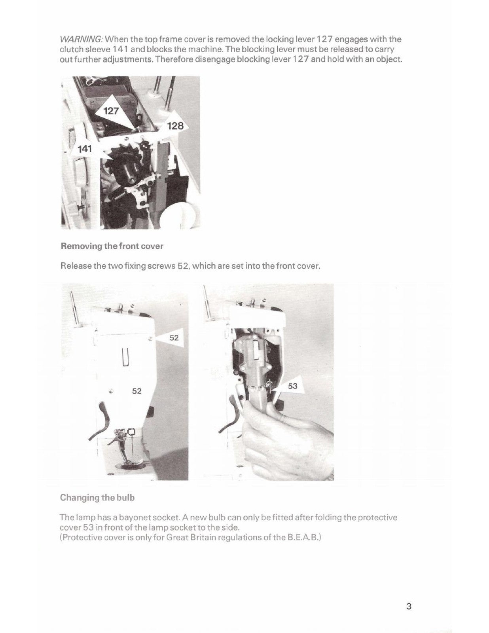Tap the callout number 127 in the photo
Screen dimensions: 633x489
tap(111, 111)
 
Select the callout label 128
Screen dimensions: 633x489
tap(175, 126)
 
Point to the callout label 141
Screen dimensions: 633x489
tap(85, 149)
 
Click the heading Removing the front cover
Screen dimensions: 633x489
tap(112, 246)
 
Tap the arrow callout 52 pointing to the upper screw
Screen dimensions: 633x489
tap(173, 338)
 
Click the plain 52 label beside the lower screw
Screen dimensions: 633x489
tap(136, 391)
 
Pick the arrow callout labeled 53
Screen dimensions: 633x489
tap(292, 386)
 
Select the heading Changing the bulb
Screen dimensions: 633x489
tap(97, 497)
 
